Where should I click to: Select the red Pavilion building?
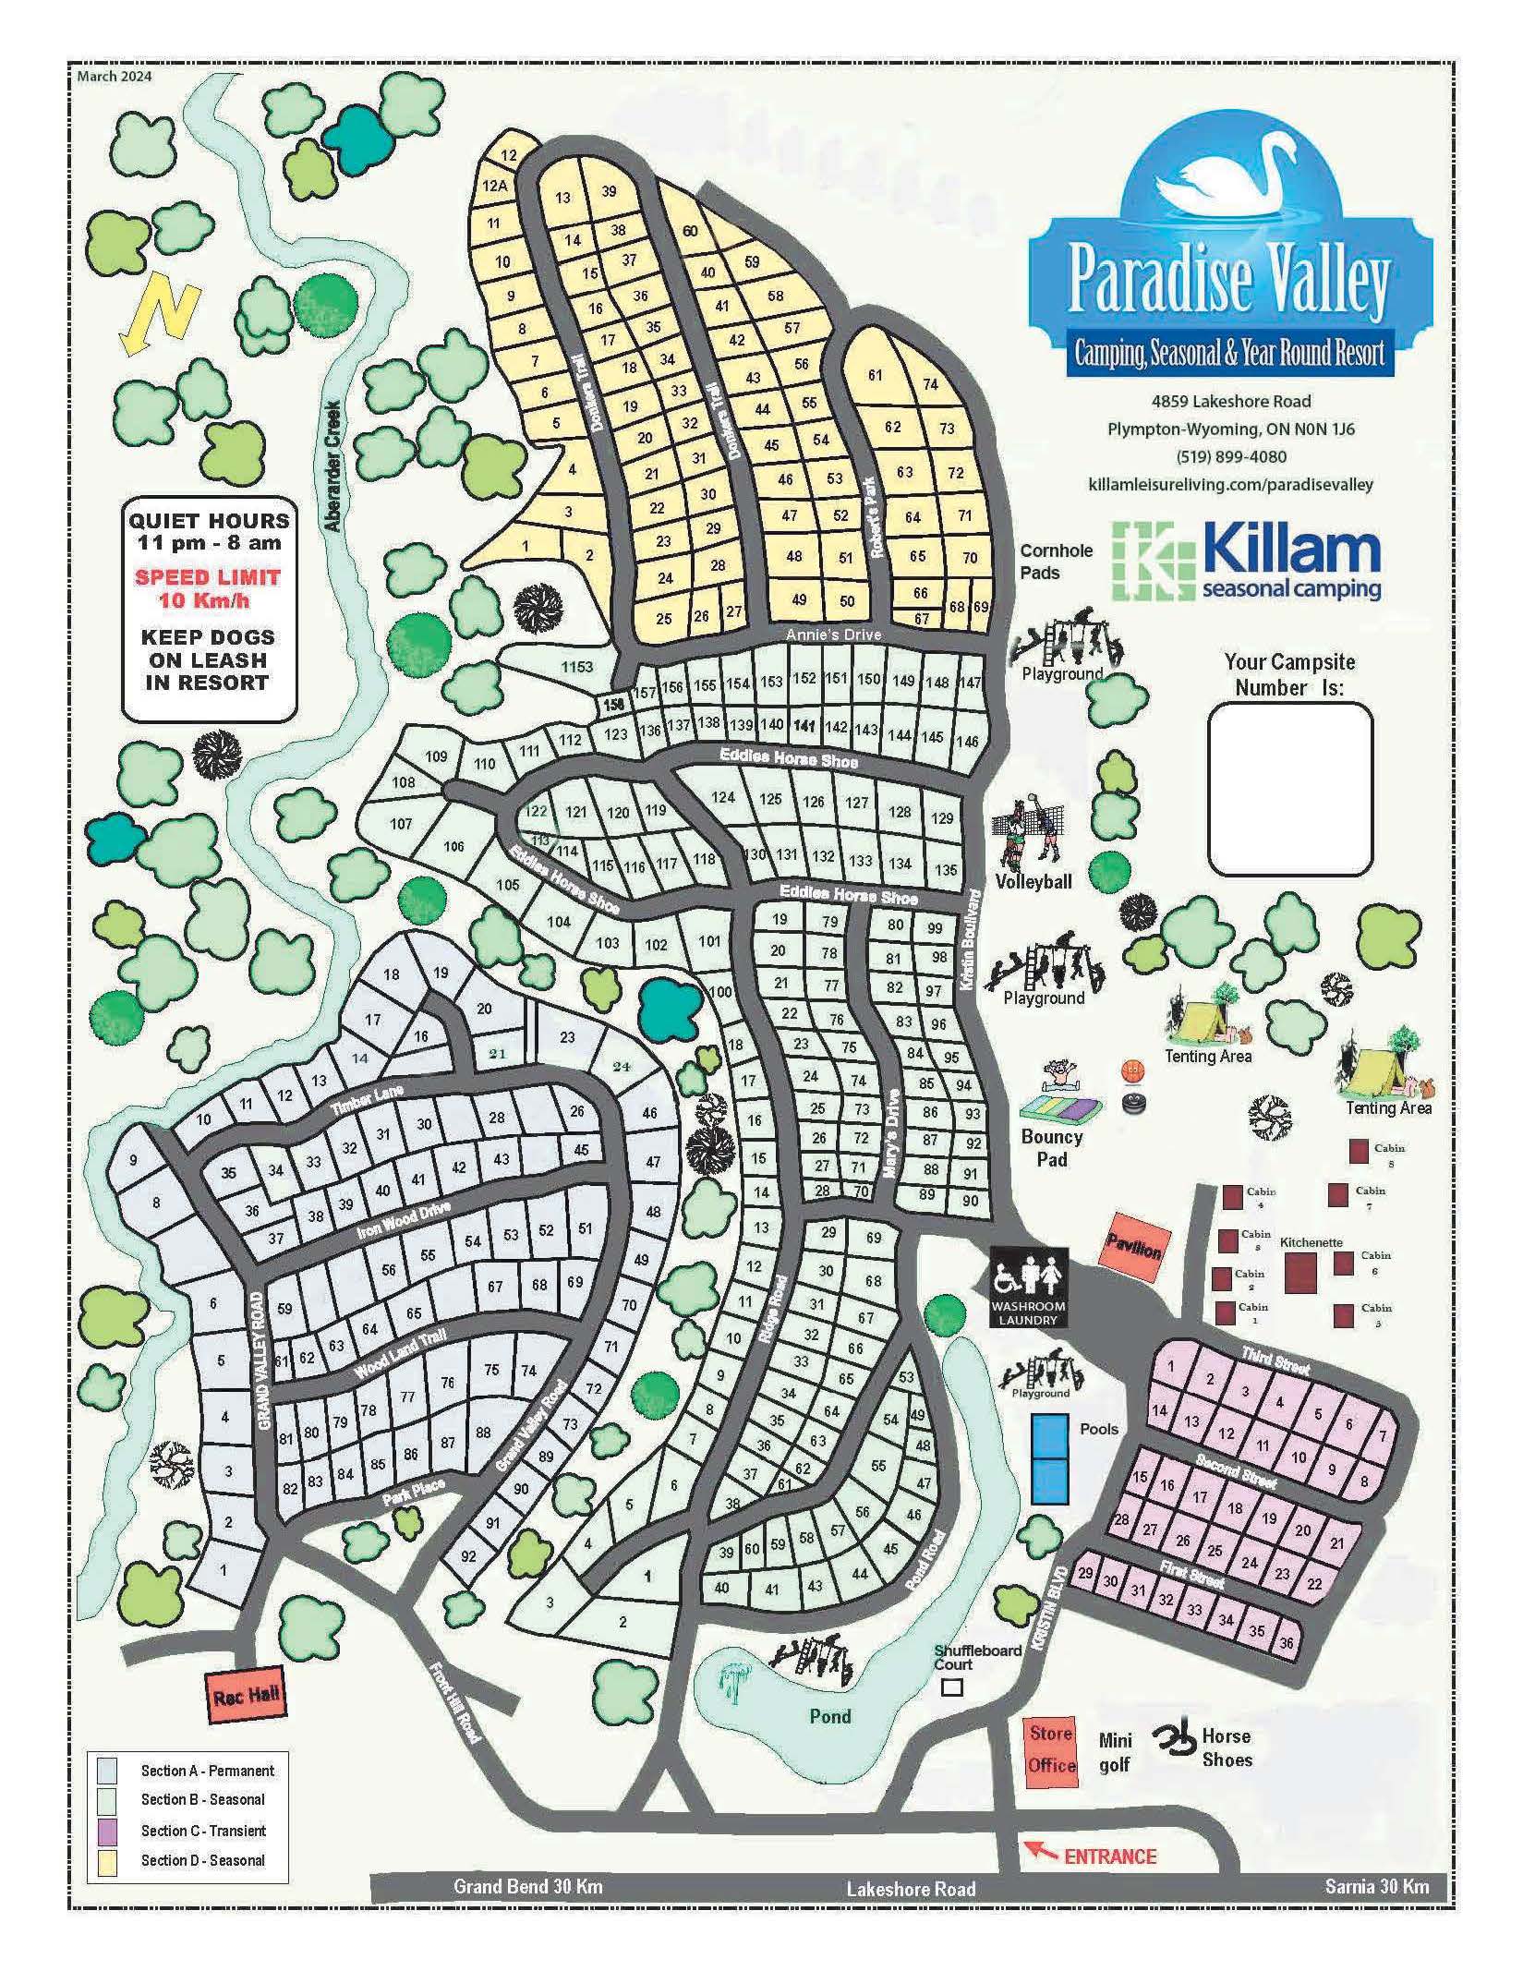point(1133,1250)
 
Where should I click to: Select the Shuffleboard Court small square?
point(951,1687)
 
